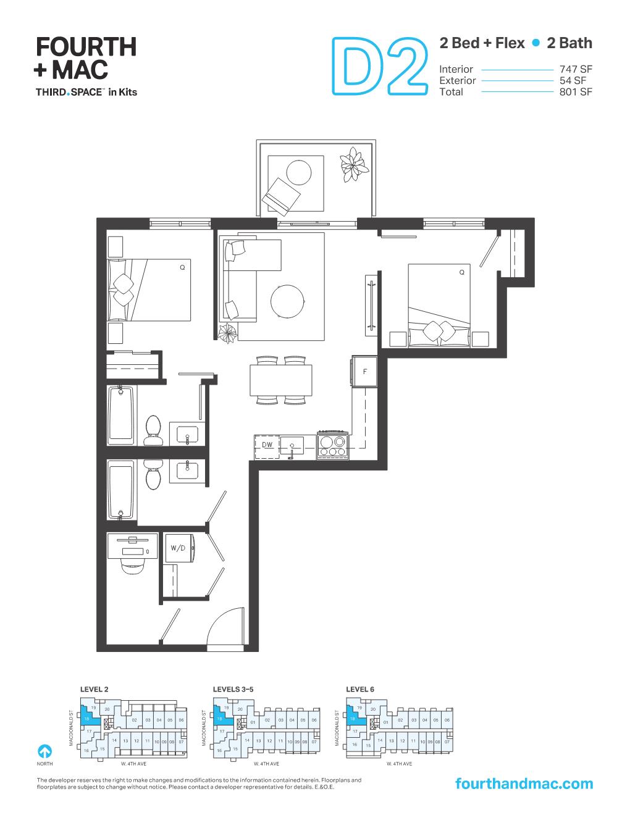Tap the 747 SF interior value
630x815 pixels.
[575, 69]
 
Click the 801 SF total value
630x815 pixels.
[575, 92]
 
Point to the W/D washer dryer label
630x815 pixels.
[178, 548]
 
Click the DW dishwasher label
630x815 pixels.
[267, 445]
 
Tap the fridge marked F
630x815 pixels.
[364, 371]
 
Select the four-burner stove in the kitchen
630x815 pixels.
[332, 445]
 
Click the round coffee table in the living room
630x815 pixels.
[287, 301]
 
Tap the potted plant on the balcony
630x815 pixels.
[353, 164]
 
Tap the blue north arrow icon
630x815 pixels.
[44, 751]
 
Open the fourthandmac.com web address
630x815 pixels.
[523, 784]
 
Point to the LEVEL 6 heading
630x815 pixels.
[360, 688]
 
